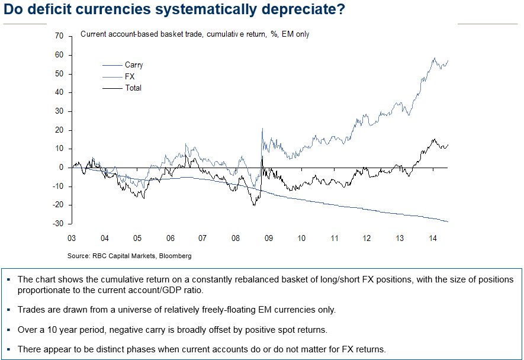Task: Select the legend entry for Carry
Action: tap(133, 65)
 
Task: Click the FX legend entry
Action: tap(129, 76)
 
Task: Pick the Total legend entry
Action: tap(133, 88)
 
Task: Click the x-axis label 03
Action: tap(72, 237)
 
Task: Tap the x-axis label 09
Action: tap(268, 237)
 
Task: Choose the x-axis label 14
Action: tap(433, 237)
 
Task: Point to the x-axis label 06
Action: tap(170, 237)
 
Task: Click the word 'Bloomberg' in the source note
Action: tap(176, 256)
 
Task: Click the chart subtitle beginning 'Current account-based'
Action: tap(194, 34)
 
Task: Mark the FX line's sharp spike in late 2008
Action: tap(262, 129)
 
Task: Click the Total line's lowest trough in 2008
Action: tap(254, 205)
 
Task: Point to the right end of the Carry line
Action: tap(448, 221)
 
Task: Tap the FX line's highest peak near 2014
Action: tap(434, 58)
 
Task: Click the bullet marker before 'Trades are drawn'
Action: tap(9, 309)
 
